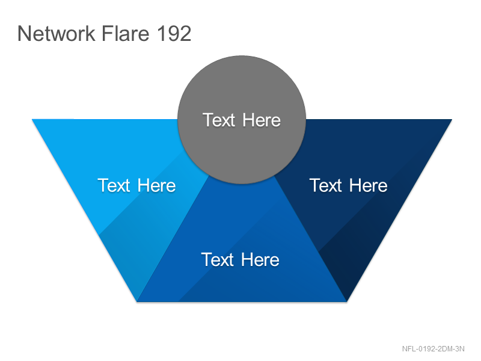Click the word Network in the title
pos(57,33)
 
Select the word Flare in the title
pos(125,33)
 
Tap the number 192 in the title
pos(174,33)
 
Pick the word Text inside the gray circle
pos(219,120)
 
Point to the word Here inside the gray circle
pos(262,120)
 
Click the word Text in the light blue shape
pos(114,185)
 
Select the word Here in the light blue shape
pos(157,185)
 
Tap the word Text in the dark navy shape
pos(326,185)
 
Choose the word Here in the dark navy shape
pos(369,185)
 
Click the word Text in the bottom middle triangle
pos(218,260)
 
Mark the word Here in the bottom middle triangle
pos(260,260)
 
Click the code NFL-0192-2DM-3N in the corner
pos(433,349)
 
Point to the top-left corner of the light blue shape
pos(32,119)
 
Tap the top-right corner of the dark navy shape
pos(452,119)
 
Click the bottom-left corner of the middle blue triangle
pos(137,301)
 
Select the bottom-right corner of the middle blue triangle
pos(347,301)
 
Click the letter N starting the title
pos(23,33)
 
